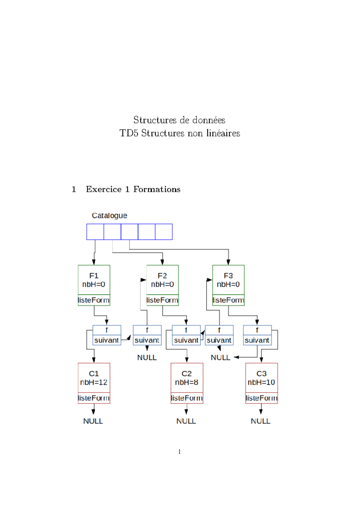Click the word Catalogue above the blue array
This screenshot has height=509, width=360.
coord(109,215)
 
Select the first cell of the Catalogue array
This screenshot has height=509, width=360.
coord(95,232)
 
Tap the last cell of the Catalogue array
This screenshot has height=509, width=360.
coord(164,232)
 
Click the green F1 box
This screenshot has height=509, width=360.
coord(94,280)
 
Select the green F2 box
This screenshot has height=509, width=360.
coord(162,280)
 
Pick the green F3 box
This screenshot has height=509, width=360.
coord(228,280)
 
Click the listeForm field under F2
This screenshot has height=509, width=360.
coord(162,300)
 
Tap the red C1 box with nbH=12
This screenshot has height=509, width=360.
coord(94,378)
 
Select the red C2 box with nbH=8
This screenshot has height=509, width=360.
coord(187,378)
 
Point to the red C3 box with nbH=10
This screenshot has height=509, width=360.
coord(261,378)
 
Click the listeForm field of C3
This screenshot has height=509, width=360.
coord(261,398)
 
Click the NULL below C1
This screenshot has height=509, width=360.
coord(93,421)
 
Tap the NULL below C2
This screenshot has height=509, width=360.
coord(186,421)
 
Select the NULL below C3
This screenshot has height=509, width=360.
coord(260,421)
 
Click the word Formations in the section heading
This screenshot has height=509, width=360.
coord(157,189)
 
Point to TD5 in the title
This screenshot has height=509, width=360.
coord(129,133)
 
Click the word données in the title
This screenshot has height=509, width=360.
coord(209,120)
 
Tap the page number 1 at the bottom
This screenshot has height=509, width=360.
coord(179,452)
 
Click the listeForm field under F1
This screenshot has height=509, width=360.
coord(94,300)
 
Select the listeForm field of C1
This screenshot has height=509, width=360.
coord(94,398)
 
